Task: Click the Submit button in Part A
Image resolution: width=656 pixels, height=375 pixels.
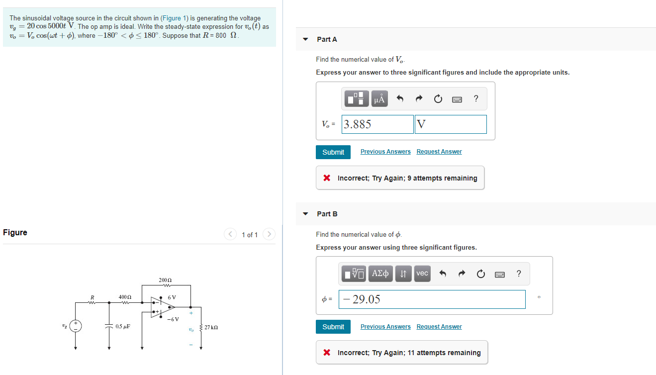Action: pos(333,152)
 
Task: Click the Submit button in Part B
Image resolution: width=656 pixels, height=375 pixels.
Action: pos(333,327)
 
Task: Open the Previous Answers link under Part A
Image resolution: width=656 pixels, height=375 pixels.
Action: pos(385,152)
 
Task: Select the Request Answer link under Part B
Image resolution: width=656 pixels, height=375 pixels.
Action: pos(439,327)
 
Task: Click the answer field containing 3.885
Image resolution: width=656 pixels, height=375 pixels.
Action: pos(377,124)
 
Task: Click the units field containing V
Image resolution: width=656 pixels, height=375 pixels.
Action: pos(451,124)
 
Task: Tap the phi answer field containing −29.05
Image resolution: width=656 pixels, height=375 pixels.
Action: pos(432,299)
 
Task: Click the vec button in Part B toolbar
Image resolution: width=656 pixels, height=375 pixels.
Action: pos(422,274)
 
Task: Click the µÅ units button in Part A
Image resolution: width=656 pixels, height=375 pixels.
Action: pos(379,99)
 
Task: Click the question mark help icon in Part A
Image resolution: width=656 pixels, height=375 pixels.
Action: pos(476,98)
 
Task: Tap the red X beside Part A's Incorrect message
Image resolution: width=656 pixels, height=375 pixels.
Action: pos(326,178)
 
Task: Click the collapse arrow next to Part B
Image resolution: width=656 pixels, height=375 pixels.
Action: pos(305,214)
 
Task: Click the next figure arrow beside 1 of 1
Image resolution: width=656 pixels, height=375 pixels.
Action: pos(269,234)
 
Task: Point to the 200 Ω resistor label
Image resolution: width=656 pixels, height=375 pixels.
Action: pos(165,281)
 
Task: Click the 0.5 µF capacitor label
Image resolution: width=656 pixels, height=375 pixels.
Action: pos(123,327)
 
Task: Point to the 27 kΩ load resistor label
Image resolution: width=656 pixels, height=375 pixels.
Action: pos(211,328)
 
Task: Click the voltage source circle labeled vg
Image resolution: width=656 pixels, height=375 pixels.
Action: pos(76,326)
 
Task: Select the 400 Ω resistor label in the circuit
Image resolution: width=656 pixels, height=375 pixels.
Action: pos(125,297)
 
